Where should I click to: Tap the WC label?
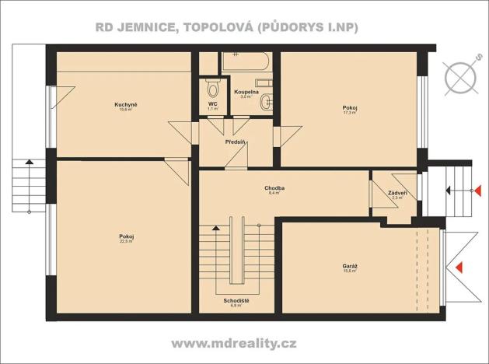pyautogui.click(x=212, y=103)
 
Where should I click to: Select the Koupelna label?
pyautogui.click(x=246, y=92)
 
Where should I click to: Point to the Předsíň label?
pyautogui.click(x=236, y=142)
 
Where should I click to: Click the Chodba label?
pyautogui.click(x=274, y=187)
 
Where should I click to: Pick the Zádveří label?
pyautogui.click(x=396, y=192)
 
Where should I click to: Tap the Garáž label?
pyautogui.click(x=350, y=266)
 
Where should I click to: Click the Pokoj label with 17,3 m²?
pyautogui.click(x=349, y=107)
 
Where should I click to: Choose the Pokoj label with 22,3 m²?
pyautogui.click(x=125, y=236)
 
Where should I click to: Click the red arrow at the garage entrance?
pyautogui.click(x=459, y=267)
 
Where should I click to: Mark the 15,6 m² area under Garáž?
pyautogui.click(x=350, y=272)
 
